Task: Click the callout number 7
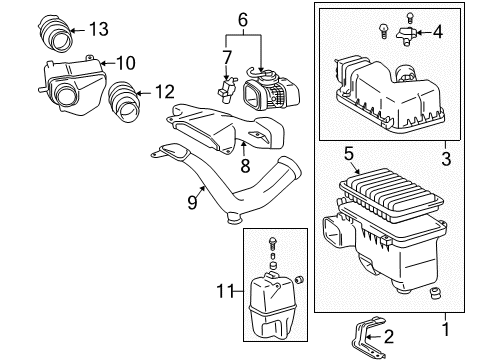227,56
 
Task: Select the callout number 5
347,153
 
